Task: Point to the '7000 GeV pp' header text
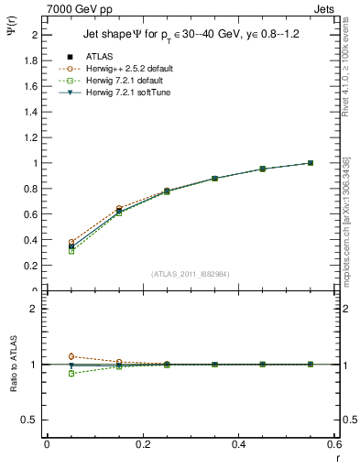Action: click(x=80, y=8)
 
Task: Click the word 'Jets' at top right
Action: click(x=326, y=8)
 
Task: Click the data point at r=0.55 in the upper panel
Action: click(x=311, y=163)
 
